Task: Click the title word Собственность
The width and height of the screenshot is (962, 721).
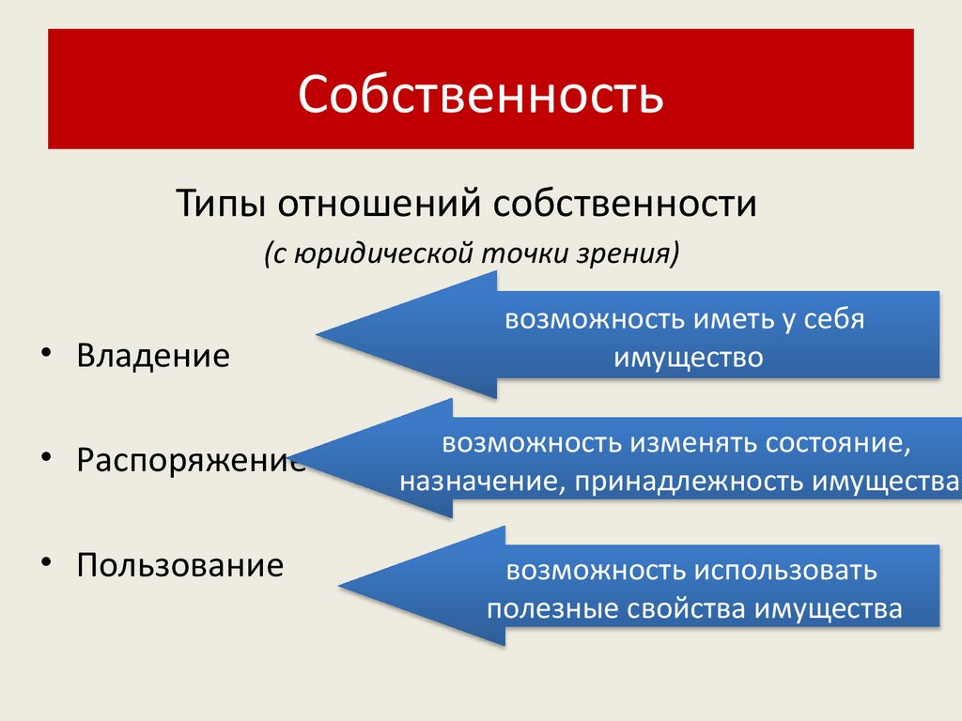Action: [x=481, y=95]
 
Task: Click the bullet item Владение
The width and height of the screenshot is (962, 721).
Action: [x=153, y=356]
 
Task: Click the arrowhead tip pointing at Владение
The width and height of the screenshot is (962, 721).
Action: [x=319, y=334]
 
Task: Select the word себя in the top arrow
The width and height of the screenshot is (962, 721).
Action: [x=833, y=319]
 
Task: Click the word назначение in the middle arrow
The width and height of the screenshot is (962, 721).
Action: [x=474, y=482]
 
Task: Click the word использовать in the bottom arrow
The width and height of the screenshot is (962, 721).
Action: [x=785, y=570]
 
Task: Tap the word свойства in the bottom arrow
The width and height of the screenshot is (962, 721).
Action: [x=684, y=609]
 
